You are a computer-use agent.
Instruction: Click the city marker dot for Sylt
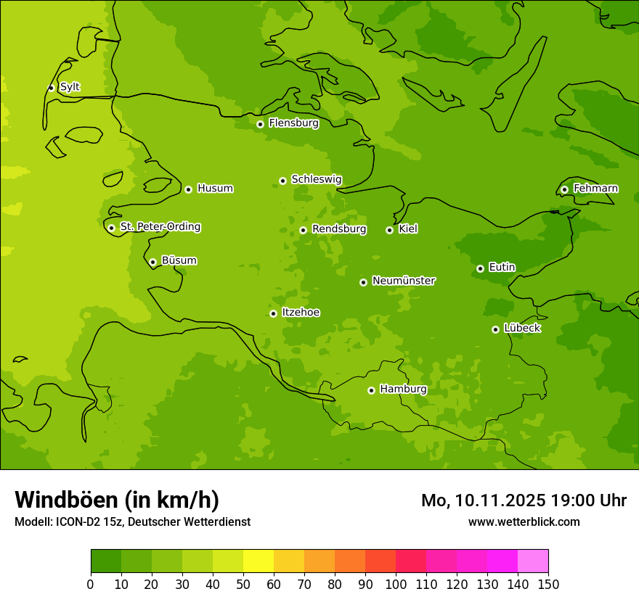[51, 88]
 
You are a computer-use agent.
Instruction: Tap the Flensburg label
[293, 123]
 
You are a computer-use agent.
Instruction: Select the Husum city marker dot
[188, 189]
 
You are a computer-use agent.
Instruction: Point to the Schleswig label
[316, 179]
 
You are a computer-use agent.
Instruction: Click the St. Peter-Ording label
[160, 227]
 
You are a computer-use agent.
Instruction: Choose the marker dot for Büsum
[152, 262]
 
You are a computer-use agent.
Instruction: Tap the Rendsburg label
[338, 229]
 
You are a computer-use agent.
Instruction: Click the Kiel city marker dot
[389, 230]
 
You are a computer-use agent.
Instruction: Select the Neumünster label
[403, 281]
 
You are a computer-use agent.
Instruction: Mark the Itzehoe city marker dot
[273, 313]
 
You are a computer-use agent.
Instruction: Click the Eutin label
[502, 268]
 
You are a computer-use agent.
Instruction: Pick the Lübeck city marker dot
[495, 329]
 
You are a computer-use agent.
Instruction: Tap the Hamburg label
[403, 389]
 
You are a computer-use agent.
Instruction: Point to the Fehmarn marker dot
[564, 189]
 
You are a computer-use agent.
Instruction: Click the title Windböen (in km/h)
[117, 500]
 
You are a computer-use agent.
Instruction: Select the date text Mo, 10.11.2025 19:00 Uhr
[524, 500]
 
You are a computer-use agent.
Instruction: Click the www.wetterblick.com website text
[524, 522]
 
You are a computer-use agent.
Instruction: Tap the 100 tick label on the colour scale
[396, 585]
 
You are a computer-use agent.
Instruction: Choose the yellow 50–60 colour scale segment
[259, 561]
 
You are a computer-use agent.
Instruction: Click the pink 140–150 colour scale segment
[533, 561]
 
